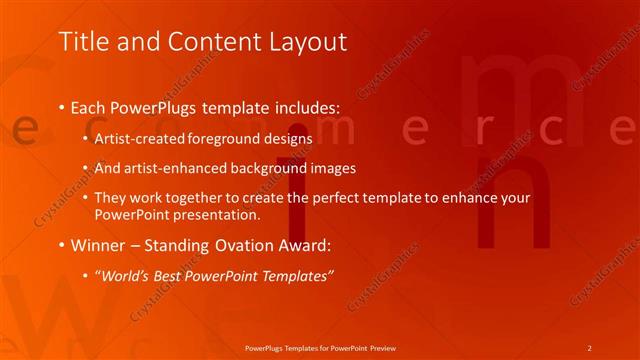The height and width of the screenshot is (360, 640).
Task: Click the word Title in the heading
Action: point(80,42)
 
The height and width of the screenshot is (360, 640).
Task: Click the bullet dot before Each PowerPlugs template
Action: point(62,106)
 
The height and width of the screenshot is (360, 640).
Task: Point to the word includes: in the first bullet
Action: point(304,106)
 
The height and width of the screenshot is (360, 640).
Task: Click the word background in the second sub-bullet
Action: point(267,168)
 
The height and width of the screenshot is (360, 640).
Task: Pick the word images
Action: point(329,168)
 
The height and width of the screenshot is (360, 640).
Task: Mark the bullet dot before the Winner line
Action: point(62,245)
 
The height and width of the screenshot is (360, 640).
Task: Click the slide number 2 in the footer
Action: point(589,347)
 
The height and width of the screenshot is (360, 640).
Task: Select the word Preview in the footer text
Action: point(382,347)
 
